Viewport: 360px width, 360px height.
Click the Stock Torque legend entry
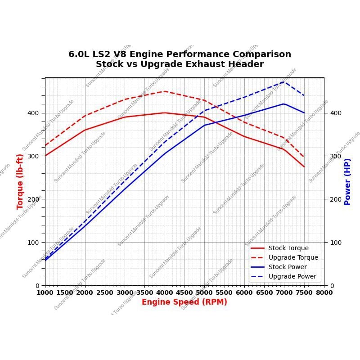pos(288,248)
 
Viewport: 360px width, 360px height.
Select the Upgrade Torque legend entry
pos(293,257)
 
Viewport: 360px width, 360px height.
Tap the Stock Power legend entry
pos(288,267)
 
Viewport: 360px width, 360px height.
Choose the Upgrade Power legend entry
pos(292,276)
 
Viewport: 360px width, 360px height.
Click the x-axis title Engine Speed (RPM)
pos(184,302)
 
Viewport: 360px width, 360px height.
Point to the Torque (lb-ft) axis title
pos(20,181)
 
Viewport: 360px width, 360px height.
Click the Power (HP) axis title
pos(347,181)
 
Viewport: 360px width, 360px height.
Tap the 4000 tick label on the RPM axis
pos(165,292)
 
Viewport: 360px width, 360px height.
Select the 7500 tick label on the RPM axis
pos(304,292)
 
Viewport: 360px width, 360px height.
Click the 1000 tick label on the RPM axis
pos(45,292)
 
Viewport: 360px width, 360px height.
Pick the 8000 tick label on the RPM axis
pos(324,292)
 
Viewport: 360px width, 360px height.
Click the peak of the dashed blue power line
pos(284,81)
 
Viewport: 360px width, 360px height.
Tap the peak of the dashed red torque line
pos(165,91)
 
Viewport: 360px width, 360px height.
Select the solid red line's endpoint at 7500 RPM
pos(304,167)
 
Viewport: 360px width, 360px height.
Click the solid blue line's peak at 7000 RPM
pos(284,104)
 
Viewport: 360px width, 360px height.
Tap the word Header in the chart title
pos(247,64)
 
